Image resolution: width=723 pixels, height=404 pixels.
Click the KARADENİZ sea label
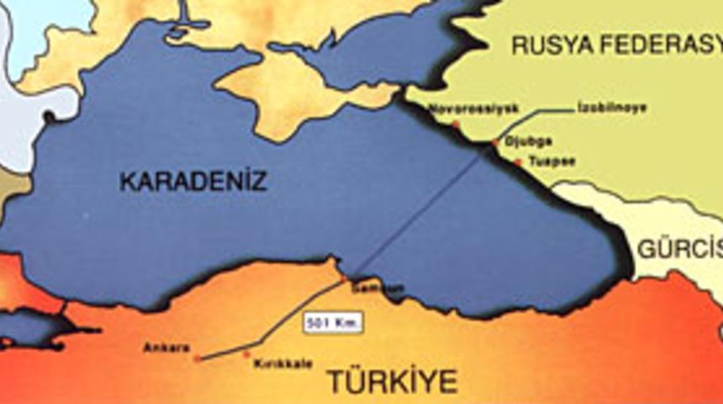(x=193, y=181)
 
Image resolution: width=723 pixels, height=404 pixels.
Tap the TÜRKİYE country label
(x=393, y=380)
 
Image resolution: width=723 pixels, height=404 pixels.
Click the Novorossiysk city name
(x=473, y=108)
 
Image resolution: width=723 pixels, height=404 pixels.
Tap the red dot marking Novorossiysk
(x=456, y=124)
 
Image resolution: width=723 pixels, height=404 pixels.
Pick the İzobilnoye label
(x=611, y=108)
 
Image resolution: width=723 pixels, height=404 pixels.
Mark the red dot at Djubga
(x=495, y=143)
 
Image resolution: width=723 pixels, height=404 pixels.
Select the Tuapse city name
(x=552, y=162)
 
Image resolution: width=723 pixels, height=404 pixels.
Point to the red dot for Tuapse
(x=518, y=162)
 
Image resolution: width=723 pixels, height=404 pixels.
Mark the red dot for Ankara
(x=198, y=359)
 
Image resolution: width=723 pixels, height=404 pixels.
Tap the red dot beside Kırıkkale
(x=246, y=354)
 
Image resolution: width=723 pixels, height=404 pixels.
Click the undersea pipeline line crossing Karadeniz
(x=420, y=210)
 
